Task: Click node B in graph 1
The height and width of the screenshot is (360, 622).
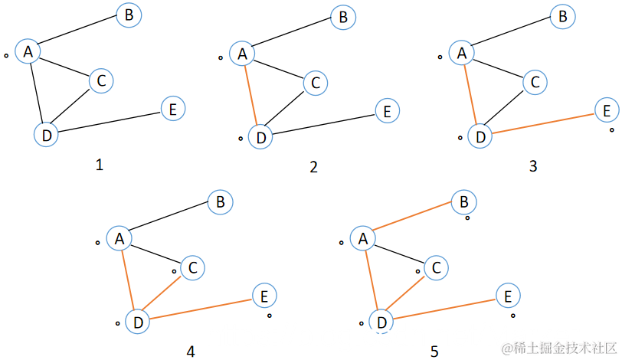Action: (x=129, y=15)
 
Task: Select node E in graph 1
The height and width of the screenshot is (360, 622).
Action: (x=173, y=110)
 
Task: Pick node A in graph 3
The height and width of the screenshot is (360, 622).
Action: (x=461, y=53)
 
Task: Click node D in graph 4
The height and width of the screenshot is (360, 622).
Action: (x=138, y=322)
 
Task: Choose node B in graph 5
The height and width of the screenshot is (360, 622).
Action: (x=463, y=202)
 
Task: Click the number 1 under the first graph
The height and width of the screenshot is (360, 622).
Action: (x=98, y=165)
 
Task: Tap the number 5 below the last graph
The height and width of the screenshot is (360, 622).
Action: (x=434, y=351)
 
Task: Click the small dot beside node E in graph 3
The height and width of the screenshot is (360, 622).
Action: (x=612, y=130)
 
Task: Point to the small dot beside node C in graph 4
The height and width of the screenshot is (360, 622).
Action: (x=174, y=271)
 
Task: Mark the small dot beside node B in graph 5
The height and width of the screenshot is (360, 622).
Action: (x=467, y=218)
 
